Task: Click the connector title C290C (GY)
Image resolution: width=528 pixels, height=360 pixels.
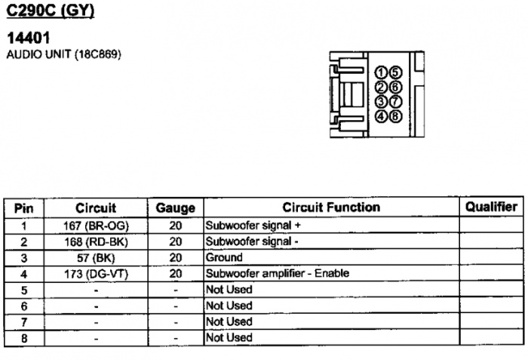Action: tap(51, 11)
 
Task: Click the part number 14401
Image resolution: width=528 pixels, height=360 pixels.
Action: tap(29, 38)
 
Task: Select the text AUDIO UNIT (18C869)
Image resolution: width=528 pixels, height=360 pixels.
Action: tap(63, 54)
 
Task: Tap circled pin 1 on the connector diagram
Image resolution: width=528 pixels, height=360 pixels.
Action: tap(380, 72)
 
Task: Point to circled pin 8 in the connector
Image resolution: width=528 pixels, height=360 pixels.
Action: tap(395, 116)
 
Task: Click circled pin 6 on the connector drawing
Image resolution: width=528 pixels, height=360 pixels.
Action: tap(395, 87)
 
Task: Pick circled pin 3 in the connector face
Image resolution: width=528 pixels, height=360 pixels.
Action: tap(380, 101)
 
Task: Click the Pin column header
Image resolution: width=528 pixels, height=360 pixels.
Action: tap(24, 208)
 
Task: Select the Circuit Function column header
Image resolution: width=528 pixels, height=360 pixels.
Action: tap(331, 208)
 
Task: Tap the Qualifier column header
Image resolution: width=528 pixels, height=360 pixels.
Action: tap(491, 207)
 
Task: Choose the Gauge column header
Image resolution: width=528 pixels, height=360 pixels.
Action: tap(176, 208)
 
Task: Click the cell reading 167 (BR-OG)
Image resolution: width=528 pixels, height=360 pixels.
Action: tap(96, 226)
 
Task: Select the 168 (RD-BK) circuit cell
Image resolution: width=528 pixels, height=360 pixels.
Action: tap(96, 242)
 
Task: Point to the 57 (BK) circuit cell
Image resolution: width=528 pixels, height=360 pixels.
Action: tap(96, 258)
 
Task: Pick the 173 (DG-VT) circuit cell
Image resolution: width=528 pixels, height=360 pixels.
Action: tap(96, 274)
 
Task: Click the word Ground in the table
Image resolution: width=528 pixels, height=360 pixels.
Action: tap(224, 257)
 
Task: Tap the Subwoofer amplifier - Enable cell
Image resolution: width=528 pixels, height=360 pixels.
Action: tap(277, 273)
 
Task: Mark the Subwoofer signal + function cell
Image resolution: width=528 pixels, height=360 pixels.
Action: tap(253, 225)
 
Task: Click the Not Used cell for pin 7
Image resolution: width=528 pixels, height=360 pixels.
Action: tap(229, 322)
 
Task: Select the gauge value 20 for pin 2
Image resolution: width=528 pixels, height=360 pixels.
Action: tap(176, 242)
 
